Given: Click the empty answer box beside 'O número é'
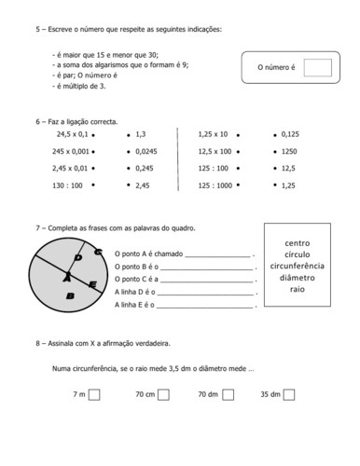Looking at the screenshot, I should (x=318, y=68).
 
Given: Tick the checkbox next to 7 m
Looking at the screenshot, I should (x=95, y=394).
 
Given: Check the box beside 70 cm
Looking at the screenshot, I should (x=163, y=394).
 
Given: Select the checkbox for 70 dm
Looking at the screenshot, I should (x=227, y=394).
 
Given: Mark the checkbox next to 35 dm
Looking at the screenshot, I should (x=289, y=394).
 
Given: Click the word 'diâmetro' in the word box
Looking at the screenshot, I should (x=297, y=278).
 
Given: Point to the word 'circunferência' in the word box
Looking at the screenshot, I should (x=297, y=266).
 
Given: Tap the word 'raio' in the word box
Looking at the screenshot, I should (x=297, y=290).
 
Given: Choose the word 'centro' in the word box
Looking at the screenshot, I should (x=297, y=242).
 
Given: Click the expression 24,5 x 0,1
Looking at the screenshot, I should (x=70, y=134).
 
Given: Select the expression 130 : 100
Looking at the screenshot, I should (x=67, y=185).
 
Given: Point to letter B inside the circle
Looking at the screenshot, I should (x=69, y=295).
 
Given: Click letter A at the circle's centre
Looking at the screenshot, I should (x=66, y=277).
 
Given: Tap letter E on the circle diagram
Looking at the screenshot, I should (x=91, y=283).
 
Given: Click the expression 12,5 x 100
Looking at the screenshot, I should (x=215, y=151).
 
